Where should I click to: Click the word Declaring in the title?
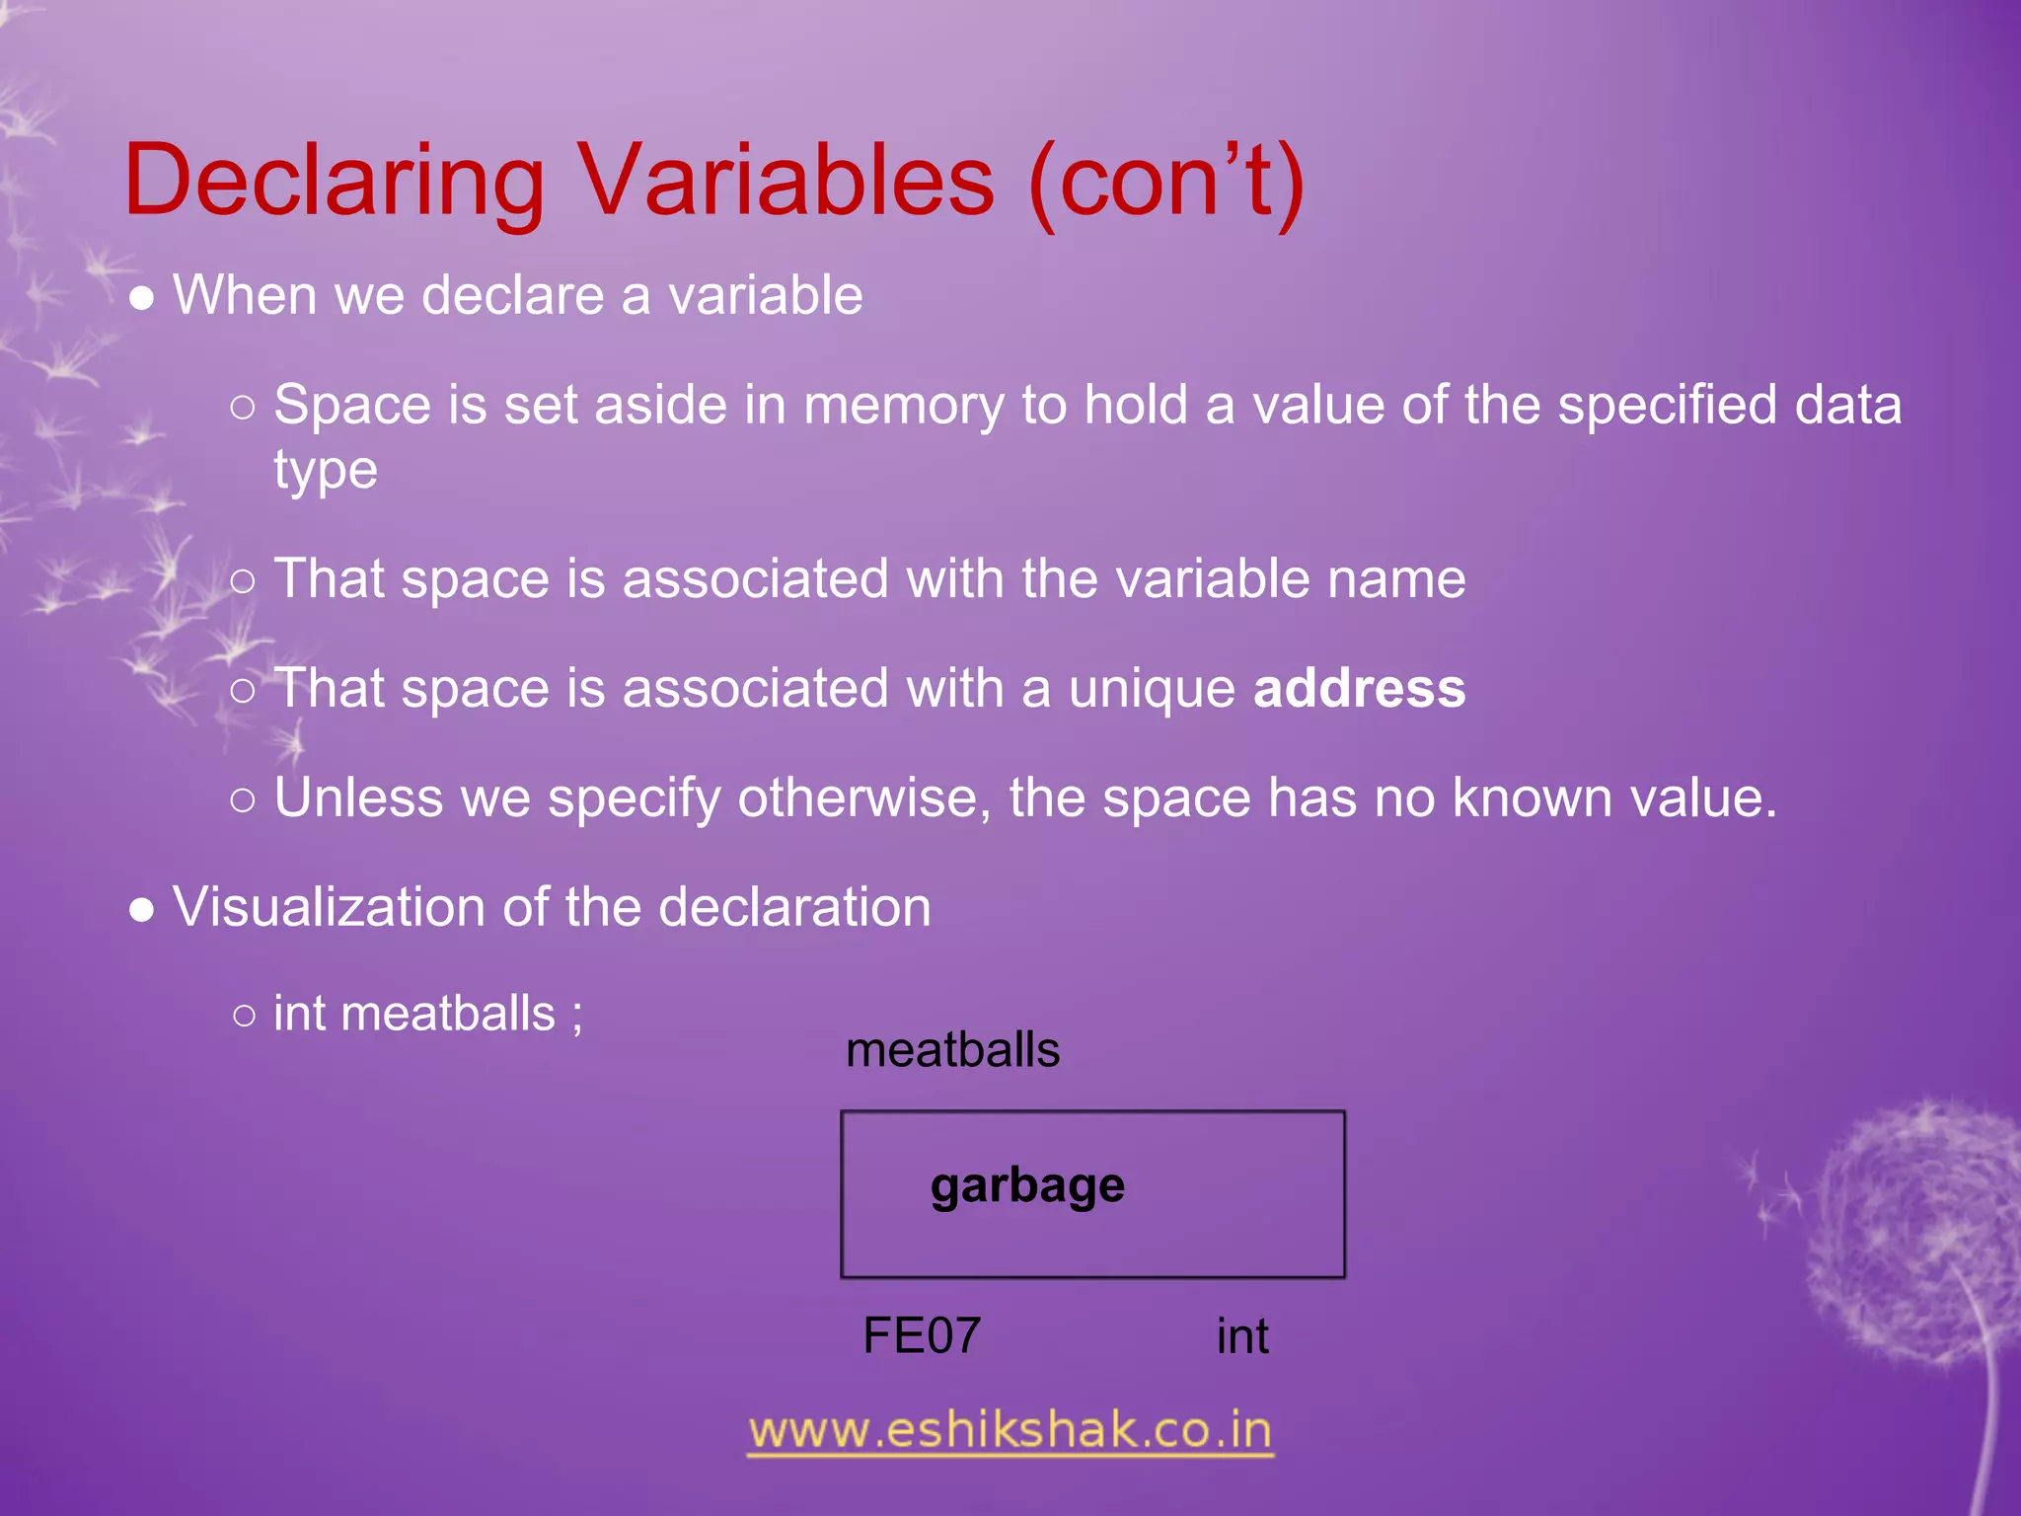click(335, 182)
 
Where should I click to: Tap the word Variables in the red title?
click(786, 182)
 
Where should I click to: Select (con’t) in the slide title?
click(1166, 182)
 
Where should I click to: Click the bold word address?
click(1359, 688)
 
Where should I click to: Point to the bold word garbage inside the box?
click(1027, 1186)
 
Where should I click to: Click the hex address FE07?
click(922, 1336)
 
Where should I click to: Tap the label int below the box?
click(1242, 1336)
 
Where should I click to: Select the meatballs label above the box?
click(952, 1050)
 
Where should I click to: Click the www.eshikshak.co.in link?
click(1010, 1431)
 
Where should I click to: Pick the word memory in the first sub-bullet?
click(904, 406)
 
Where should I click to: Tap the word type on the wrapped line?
click(326, 471)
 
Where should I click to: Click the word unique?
click(1152, 688)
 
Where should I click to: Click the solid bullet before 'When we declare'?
click(142, 299)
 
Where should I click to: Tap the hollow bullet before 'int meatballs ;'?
click(244, 1016)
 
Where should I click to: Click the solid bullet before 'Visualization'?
click(142, 910)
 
